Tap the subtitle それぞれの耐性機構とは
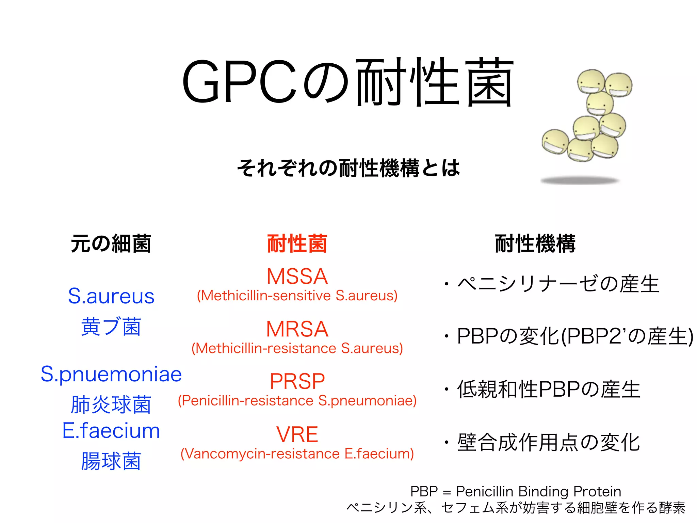point(348,168)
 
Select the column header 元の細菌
point(111,244)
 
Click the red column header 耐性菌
point(297,244)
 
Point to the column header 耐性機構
point(535,244)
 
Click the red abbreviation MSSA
point(297,276)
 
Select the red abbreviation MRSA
point(297,329)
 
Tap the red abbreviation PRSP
point(297,381)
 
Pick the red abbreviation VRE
point(297,434)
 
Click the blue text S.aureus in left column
point(111,296)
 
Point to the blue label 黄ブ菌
point(111,327)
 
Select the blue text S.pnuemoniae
point(111,374)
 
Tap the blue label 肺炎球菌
point(111,405)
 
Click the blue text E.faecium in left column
point(111,431)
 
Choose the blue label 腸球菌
point(111,461)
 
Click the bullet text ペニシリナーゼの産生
point(558,284)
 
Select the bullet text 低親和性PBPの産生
point(549,389)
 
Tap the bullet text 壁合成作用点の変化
point(549,442)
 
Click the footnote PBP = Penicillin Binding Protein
point(516,491)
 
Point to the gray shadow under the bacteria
point(580,180)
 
